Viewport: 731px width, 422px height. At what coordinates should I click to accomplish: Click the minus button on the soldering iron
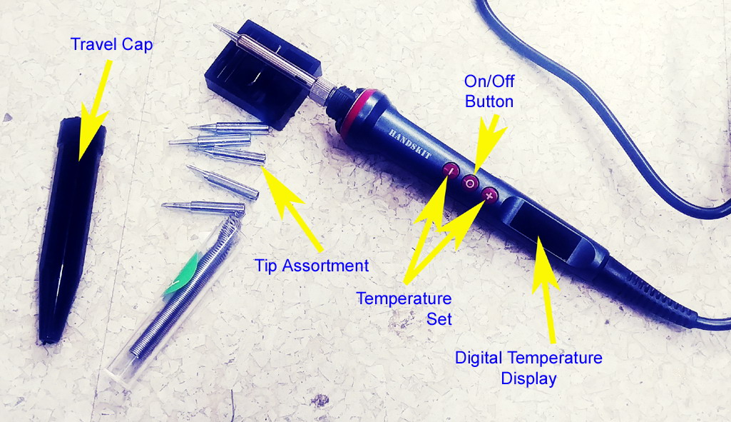tap(450, 170)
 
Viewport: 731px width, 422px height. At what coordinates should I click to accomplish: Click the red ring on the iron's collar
tap(358, 112)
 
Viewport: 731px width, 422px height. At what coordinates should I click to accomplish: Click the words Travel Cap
tap(111, 44)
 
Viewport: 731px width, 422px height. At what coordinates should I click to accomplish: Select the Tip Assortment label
tap(312, 266)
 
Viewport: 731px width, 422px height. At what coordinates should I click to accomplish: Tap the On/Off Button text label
tap(489, 91)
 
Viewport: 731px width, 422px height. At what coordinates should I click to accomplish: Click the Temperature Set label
tap(404, 308)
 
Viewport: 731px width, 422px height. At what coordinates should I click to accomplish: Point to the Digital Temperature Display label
tap(528, 368)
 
